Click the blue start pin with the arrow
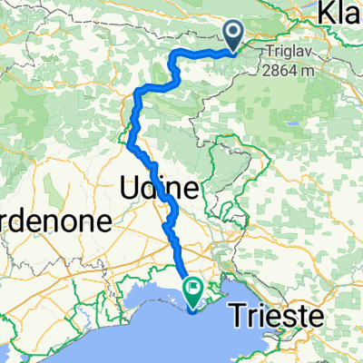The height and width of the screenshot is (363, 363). [233, 36]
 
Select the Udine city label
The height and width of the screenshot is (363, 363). [159, 189]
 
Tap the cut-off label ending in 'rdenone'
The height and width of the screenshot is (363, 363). [54, 221]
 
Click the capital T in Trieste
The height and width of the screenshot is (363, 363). [257, 318]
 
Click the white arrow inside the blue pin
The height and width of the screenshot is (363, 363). [233, 35]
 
